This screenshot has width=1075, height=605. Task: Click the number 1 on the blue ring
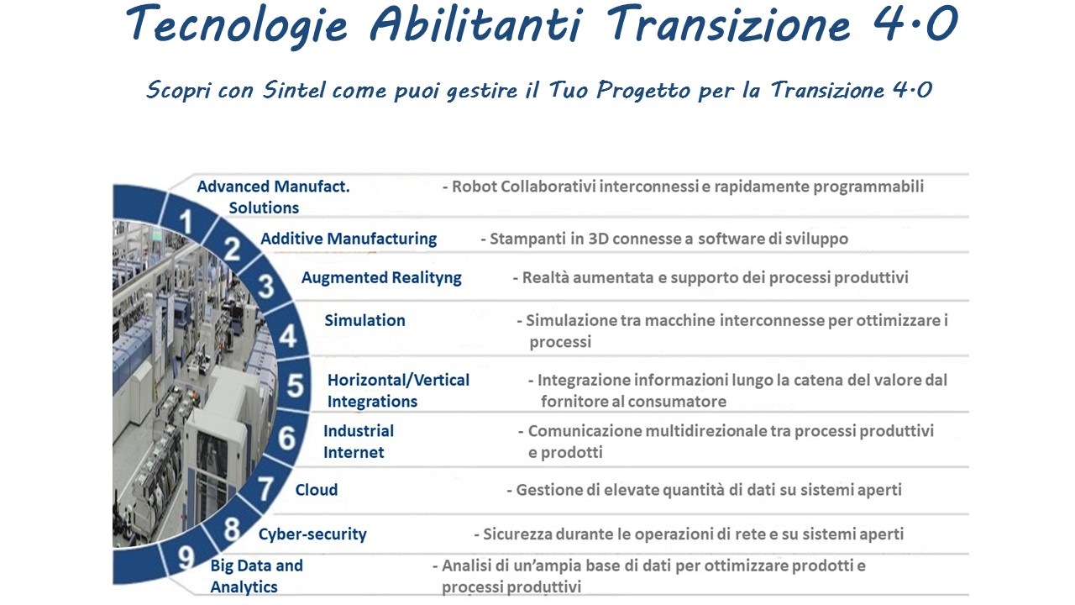coord(186,222)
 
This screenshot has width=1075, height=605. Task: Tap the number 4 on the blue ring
coord(288,335)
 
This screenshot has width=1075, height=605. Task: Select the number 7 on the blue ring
coord(265,489)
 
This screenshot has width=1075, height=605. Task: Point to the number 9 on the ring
coord(186,557)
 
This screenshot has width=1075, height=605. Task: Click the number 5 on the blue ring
coord(295,386)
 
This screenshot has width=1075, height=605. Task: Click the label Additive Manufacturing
coord(349,239)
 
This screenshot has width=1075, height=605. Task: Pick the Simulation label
coord(364,320)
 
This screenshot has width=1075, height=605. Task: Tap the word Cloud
coord(317,490)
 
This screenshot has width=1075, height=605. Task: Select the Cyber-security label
coord(312,534)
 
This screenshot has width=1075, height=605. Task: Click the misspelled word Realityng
coord(427,278)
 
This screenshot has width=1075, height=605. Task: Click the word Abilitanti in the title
coord(475,24)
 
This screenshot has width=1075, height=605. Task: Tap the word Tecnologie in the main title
coord(236,26)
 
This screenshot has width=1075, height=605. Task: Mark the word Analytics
coord(244,587)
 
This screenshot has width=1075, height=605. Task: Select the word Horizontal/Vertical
coord(398,380)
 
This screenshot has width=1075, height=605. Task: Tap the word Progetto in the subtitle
coord(643,91)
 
